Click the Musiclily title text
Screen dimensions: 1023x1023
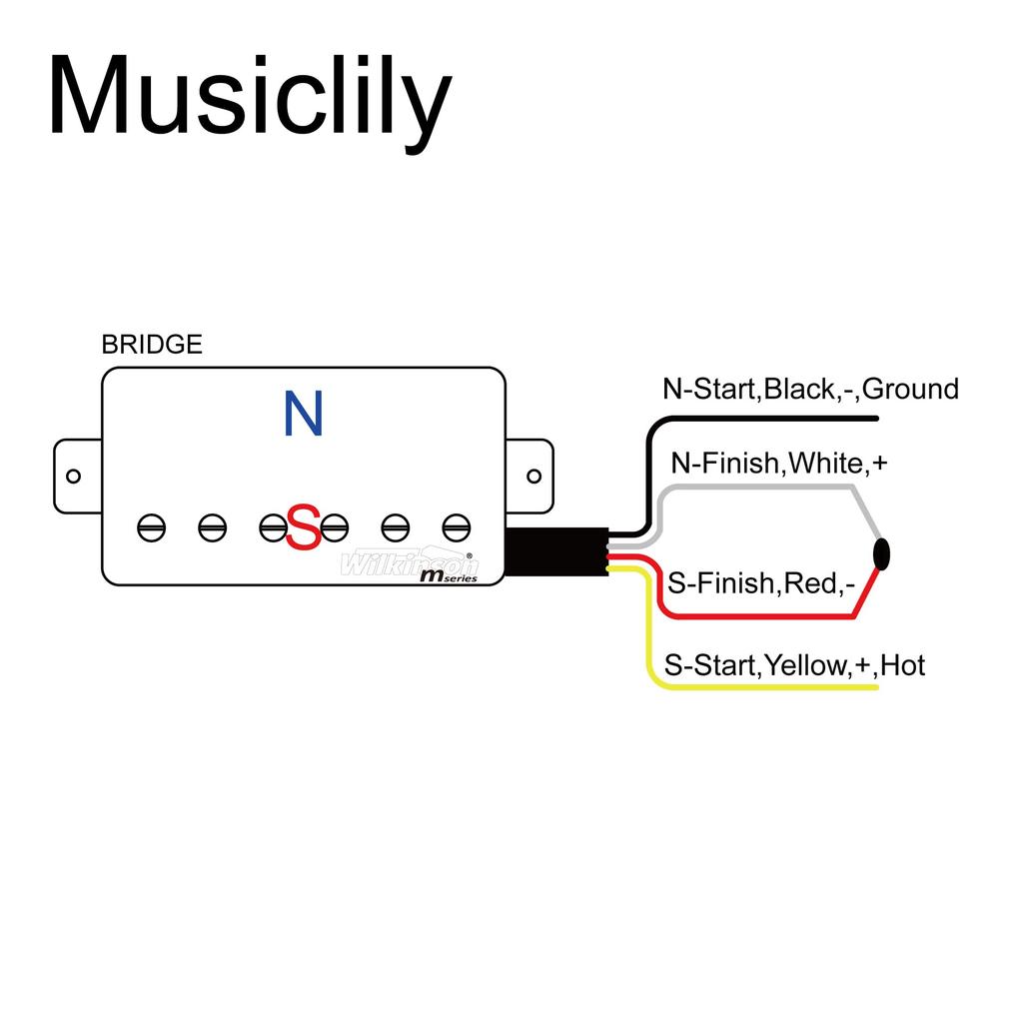coord(249,97)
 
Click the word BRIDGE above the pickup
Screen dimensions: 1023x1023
coord(152,345)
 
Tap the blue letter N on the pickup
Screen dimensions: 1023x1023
coord(304,414)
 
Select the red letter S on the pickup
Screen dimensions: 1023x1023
coord(304,527)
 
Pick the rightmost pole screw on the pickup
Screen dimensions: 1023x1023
coord(457,526)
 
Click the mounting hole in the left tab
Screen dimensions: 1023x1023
coord(73,476)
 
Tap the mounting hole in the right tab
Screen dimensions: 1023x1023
coord(533,476)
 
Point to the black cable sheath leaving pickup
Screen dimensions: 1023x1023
coord(555,551)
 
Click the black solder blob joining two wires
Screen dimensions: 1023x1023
coord(881,551)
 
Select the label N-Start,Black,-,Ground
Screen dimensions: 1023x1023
coord(810,389)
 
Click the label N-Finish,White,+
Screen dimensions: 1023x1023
coord(779,464)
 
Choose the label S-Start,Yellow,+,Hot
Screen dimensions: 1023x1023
coord(794,664)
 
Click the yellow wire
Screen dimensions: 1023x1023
coord(759,686)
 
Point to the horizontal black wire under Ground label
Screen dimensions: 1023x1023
coord(779,418)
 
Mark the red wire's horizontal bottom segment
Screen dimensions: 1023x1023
coord(759,616)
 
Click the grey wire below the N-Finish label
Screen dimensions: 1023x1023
coord(759,488)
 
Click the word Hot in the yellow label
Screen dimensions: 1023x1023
coord(903,664)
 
